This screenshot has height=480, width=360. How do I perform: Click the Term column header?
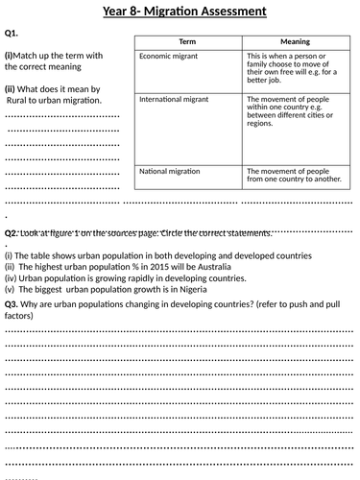pyautogui.click(x=187, y=44)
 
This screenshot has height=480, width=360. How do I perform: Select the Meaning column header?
pyautogui.click(x=294, y=44)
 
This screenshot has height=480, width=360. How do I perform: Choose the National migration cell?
pyautogui.click(x=171, y=172)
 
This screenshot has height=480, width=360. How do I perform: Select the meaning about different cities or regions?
pyautogui.click(x=293, y=113)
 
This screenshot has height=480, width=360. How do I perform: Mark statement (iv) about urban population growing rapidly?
pyautogui.click(x=125, y=277)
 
